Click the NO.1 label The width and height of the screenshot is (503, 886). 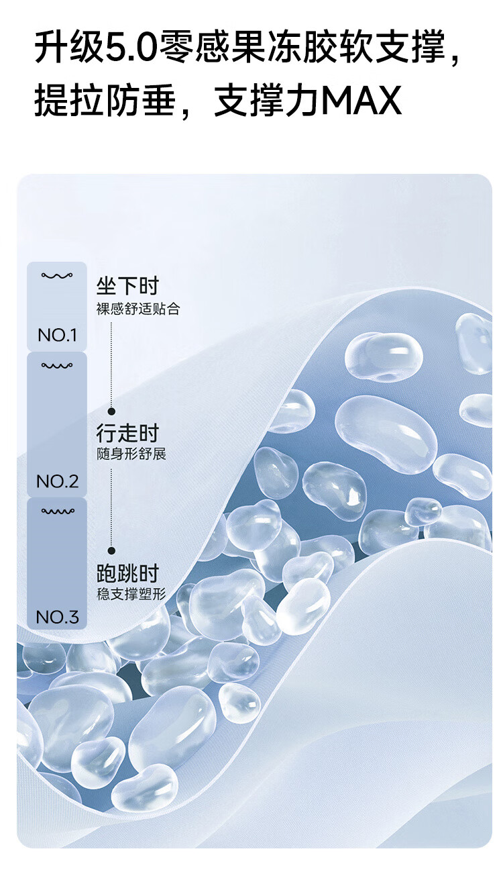(x=57, y=335)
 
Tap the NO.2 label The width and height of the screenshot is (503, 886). (x=57, y=481)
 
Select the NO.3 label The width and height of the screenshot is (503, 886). (x=57, y=617)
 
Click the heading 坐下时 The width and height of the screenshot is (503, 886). (x=127, y=287)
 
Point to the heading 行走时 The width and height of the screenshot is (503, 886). (x=127, y=433)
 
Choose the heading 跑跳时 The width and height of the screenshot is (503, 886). (x=127, y=573)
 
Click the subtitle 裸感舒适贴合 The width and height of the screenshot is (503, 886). (x=138, y=309)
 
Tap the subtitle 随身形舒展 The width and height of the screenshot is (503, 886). (x=131, y=454)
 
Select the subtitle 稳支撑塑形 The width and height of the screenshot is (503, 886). (x=131, y=594)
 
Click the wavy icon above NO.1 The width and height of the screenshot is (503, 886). (x=57, y=276)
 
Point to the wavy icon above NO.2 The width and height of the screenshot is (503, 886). (x=57, y=366)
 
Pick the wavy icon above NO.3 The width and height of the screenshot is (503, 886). (x=57, y=511)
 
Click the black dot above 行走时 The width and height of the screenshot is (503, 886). (x=111, y=411)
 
